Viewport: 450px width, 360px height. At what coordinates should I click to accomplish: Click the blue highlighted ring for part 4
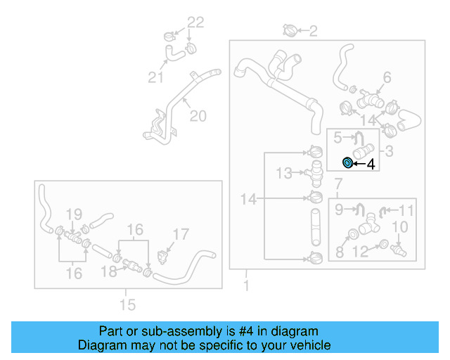[x=347, y=164]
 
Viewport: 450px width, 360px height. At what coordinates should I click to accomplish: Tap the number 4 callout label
[x=371, y=165]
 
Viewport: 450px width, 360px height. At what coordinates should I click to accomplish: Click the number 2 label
[x=313, y=30]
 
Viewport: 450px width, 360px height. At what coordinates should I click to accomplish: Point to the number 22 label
[x=195, y=22]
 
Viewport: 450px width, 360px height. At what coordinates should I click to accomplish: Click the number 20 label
[x=198, y=116]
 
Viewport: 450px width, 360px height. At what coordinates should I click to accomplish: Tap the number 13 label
[x=283, y=172]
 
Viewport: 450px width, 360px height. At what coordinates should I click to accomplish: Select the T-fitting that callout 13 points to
[x=315, y=169]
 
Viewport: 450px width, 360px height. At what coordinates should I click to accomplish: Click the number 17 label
[x=181, y=234]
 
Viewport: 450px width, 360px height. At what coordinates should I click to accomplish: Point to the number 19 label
[x=74, y=214]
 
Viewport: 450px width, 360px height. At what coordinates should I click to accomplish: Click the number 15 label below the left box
[x=127, y=304]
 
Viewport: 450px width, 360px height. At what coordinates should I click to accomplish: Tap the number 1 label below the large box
[x=246, y=286]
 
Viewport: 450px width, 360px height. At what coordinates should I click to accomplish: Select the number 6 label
[x=387, y=77]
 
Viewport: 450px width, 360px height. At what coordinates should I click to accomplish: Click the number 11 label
[x=407, y=210]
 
